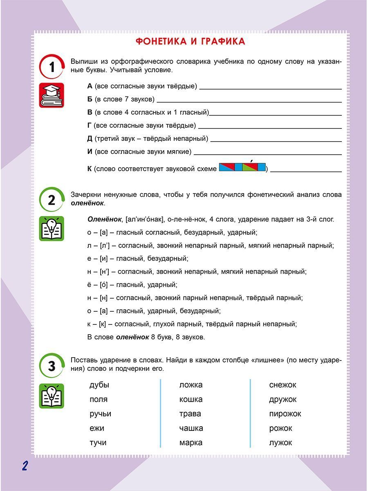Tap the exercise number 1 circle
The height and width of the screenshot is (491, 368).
(52, 67)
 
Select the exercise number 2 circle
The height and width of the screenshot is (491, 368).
(52, 200)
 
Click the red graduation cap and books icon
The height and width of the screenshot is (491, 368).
(52, 95)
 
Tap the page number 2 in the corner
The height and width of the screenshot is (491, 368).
(25, 466)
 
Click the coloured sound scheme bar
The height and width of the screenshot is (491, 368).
(242, 167)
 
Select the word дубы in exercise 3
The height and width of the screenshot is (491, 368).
(99, 385)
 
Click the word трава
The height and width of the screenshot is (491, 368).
(190, 414)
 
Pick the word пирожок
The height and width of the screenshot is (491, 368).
(285, 414)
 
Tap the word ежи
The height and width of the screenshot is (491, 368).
(97, 428)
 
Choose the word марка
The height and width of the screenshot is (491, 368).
(191, 442)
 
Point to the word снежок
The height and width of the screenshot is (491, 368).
(283, 385)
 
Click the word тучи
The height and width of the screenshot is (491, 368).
(98, 442)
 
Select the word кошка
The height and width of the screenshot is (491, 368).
(191, 399)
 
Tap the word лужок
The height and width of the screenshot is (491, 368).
(280, 442)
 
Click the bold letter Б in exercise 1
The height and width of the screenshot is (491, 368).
(90, 99)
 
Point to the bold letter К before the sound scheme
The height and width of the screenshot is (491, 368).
(90, 169)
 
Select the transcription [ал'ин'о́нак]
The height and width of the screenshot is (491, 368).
(146, 219)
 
